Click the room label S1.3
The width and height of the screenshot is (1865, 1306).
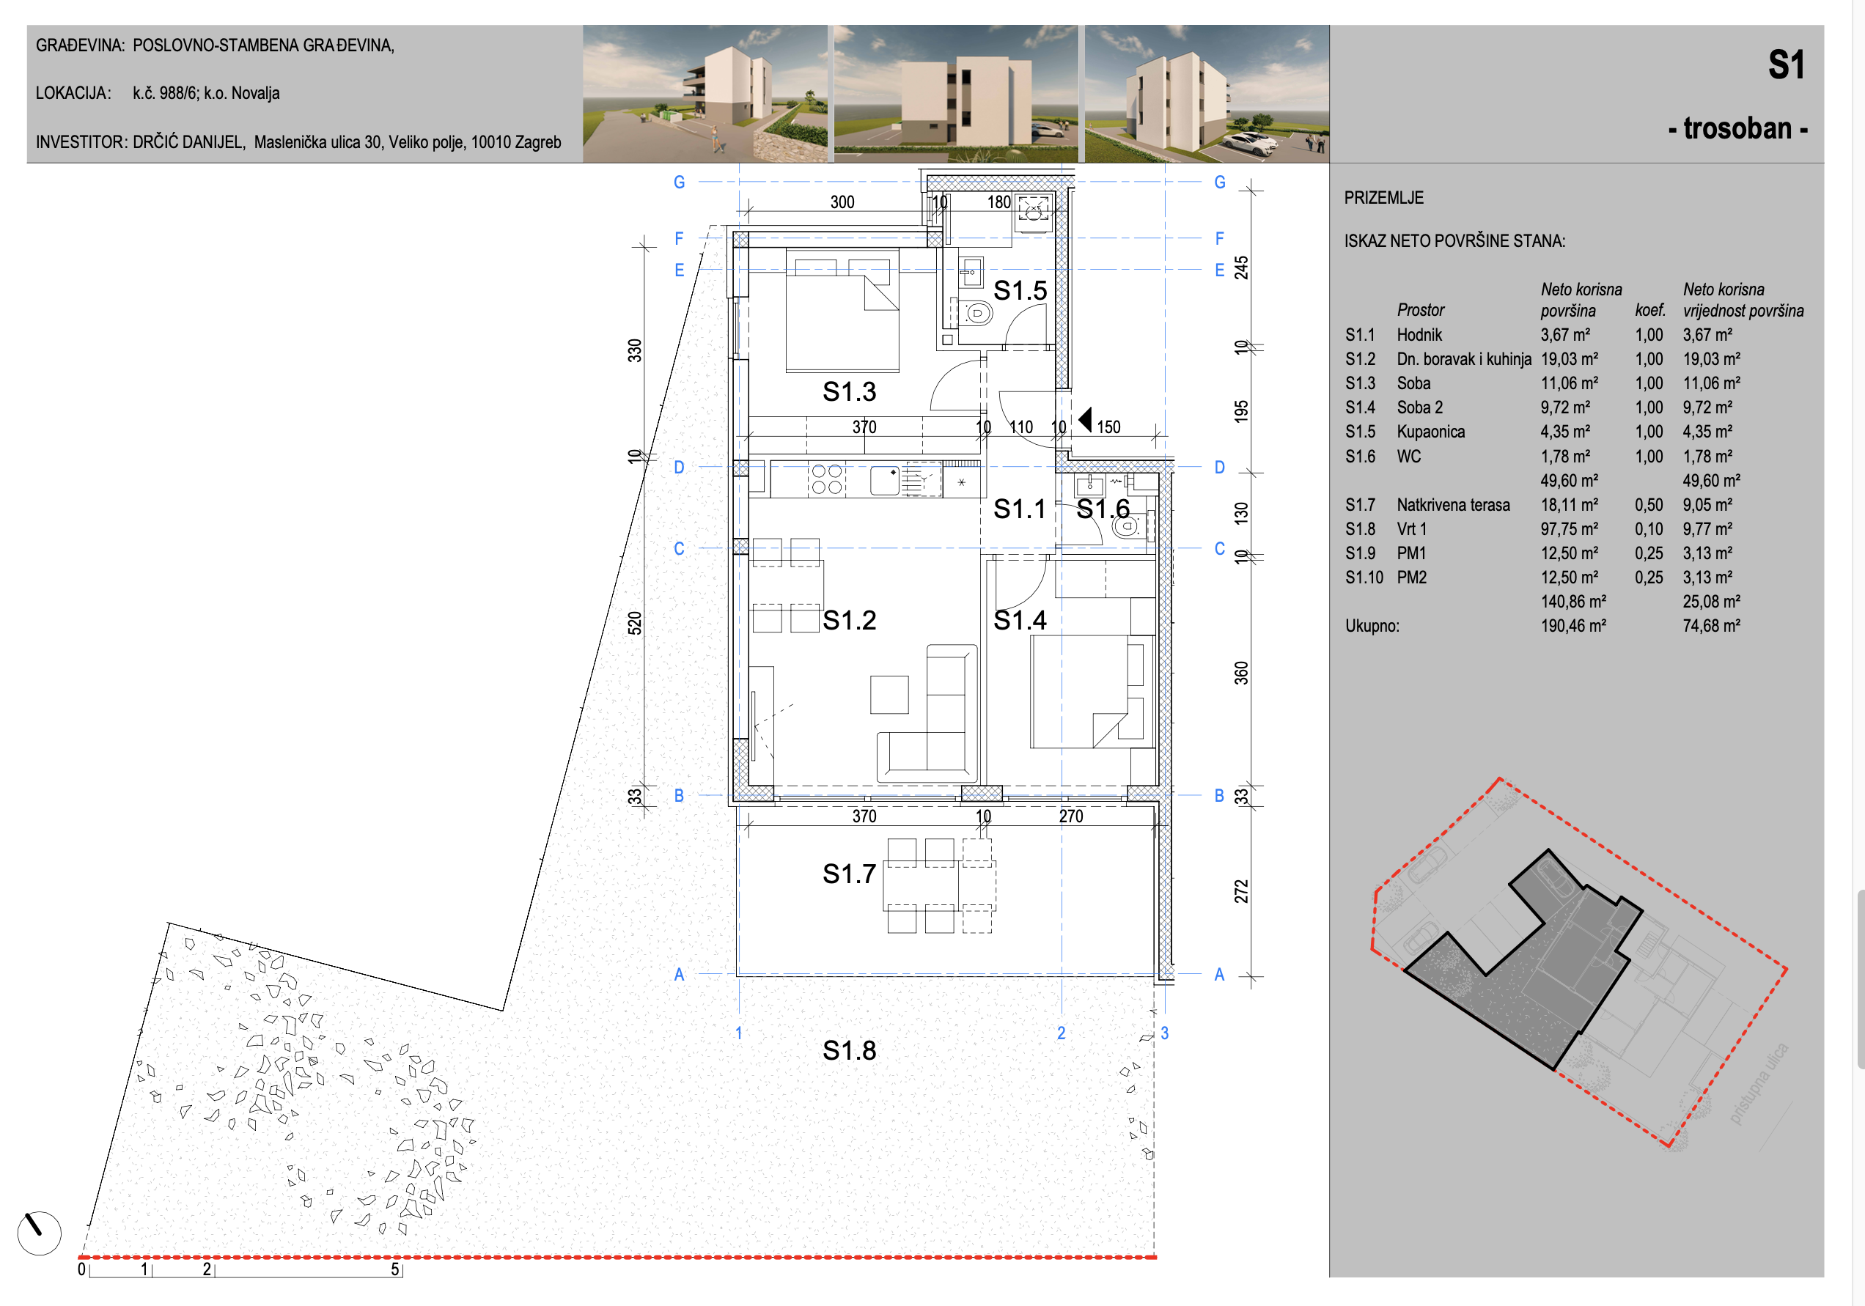click(849, 391)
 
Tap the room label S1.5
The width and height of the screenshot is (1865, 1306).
click(1020, 290)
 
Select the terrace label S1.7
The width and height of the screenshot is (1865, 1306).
click(849, 874)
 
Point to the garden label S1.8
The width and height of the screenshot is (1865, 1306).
click(849, 1050)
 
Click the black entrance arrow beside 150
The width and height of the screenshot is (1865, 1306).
click(1085, 420)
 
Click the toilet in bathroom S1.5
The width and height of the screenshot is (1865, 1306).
click(977, 313)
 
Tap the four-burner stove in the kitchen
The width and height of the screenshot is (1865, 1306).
click(827, 479)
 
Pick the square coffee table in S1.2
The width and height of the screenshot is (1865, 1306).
click(889, 695)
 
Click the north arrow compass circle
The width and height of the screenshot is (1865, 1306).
click(39, 1233)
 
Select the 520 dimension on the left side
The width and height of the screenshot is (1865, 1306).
click(634, 623)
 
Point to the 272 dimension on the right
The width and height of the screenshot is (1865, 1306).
click(1241, 891)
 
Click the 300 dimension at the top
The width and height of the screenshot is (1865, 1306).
click(842, 202)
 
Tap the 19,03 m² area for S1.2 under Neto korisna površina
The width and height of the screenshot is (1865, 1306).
click(1570, 359)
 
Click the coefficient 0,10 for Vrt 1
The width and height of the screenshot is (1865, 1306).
click(1649, 528)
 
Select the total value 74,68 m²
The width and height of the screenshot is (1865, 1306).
click(1712, 625)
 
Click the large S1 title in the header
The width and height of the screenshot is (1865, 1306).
click(1787, 65)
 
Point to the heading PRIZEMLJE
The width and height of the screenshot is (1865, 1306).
click(1383, 197)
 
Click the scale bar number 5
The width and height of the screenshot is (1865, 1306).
click(394, 1269)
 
